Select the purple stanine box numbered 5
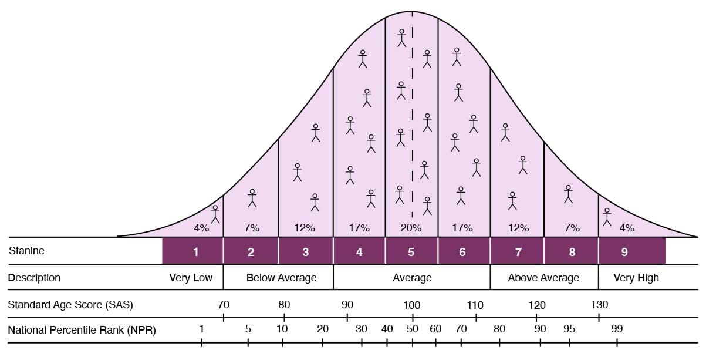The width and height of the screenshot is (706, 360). (411, 251)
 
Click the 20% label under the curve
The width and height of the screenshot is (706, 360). (411, 228)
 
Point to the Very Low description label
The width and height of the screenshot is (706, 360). (191, 278)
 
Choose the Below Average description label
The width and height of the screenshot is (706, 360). (281, 278)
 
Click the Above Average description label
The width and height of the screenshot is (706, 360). (543, 278)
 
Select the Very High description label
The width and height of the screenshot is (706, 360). (636, 278)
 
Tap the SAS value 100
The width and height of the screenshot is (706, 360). (411, 305)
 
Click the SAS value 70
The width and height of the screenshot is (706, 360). (224, 305)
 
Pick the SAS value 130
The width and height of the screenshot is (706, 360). (599, 305)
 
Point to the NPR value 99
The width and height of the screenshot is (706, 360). (616, 329)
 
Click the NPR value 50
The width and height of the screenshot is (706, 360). (413, 329)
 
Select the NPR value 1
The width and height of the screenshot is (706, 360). (201, 329)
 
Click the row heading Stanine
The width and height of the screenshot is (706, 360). (26, 251)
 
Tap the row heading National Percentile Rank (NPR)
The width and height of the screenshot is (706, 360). (82, 330)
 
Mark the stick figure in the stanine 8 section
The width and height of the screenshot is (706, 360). (567, 194)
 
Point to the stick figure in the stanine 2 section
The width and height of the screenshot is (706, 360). (252, 198)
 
